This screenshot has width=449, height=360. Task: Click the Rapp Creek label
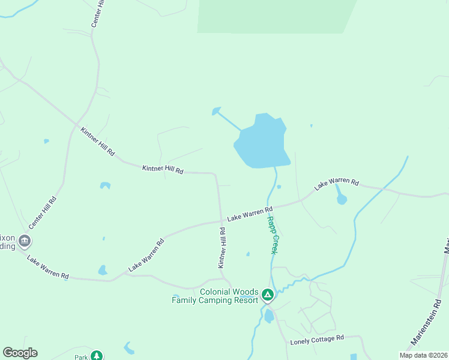[x=273, y=235]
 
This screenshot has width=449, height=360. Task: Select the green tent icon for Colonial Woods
[x=268, y=295]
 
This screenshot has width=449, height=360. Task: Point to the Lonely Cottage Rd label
[x=316, y=341]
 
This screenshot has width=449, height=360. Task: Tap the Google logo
[x=20, y=353]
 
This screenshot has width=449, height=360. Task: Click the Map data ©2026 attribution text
[x=423, y=355]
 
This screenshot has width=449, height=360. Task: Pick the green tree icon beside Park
[x=97, y=356]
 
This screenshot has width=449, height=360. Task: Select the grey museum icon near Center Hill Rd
[x=25, y=241]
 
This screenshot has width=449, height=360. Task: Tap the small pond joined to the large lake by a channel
[x=216, y=111]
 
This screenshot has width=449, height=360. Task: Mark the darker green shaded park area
[x=276, y=15]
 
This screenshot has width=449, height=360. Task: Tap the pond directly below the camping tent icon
[x=269, y=316]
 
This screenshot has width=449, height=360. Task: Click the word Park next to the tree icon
[x=81, y=357]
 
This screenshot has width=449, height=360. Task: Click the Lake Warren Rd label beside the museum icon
[x=48, y=266]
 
